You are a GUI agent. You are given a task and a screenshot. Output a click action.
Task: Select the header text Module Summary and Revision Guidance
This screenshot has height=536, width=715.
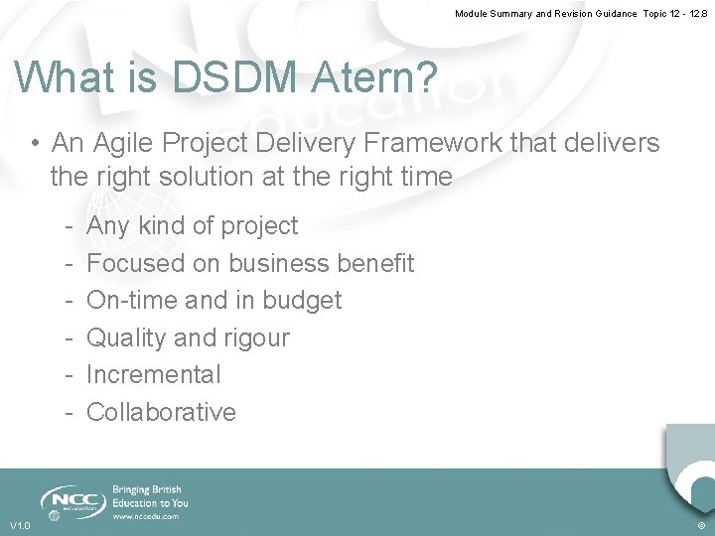click(x=545, y=14)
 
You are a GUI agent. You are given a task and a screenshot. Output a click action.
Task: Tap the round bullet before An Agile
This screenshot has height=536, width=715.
click(x=35, y=144)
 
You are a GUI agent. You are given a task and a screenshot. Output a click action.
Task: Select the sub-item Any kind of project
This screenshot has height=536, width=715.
click(x=192, y=226)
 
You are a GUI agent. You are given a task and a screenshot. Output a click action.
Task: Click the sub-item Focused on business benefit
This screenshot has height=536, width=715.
click(x=250, y=263)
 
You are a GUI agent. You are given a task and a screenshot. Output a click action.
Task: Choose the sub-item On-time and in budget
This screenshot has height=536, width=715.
click(x=214, y=300)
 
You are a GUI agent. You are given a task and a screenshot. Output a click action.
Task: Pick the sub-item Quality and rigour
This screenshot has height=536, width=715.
click(x=188, y=337)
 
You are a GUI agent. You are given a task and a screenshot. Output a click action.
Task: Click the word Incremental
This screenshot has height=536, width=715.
click(x=154, y=374)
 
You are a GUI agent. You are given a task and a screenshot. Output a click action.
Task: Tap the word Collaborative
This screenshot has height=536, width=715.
click(x=161, y=412)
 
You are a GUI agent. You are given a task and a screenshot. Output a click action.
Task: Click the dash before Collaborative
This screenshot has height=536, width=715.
click(x=66, y=412)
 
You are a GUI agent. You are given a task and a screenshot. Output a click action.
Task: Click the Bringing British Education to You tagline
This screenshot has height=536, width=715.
click(x=150, y=496)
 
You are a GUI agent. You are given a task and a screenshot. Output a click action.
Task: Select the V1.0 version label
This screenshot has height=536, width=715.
click(x=20, y=525)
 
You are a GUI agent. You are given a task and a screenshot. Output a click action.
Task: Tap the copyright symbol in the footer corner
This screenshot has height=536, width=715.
click(x=701, y=525)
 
